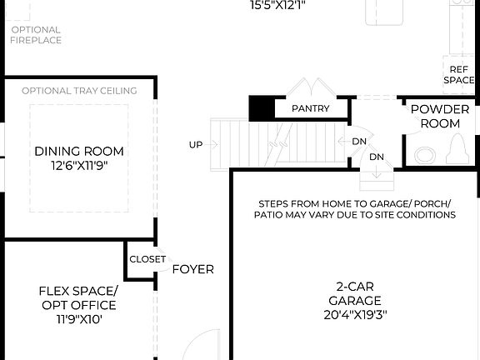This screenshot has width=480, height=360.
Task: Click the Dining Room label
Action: point(79,151)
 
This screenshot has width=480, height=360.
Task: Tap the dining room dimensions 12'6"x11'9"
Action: point(79,165)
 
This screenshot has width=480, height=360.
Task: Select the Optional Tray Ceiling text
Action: point(79,91)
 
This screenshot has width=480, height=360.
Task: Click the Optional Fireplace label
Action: point(36,35)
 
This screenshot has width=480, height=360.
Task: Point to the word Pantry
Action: point(310,108)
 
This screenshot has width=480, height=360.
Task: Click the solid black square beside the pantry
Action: point(262,108)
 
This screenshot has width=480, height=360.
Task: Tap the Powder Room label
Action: point(440,117)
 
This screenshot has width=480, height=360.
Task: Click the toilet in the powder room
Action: point(458,151)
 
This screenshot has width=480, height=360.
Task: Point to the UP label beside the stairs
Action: point(196,145)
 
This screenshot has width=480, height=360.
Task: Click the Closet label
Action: point(147,259)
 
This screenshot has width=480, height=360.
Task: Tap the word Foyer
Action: point(192,269)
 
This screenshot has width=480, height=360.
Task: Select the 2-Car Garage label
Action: point(354,292)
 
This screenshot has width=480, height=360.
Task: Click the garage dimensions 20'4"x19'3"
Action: point(354,315)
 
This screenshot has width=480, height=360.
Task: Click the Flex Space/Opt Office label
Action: point(78,297)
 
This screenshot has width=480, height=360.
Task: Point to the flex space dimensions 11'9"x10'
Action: point(78,319)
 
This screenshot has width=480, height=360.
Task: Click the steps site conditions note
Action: point(355,209)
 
